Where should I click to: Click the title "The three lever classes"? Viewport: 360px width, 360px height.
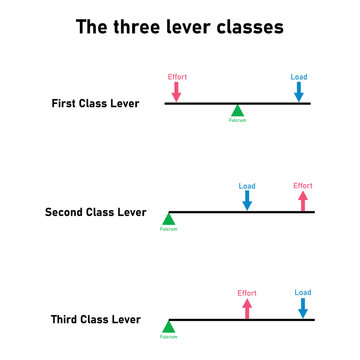(180, 26)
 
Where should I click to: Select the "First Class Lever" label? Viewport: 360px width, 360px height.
(96, 103)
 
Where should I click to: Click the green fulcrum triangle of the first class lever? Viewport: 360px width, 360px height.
(237, 110)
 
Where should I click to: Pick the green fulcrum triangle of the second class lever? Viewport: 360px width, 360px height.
(169, 219)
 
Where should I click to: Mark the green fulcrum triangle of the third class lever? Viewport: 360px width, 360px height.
(169, 327)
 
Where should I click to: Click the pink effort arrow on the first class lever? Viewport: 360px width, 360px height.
(177, 91)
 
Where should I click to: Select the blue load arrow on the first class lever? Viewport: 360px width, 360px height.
(299, 92)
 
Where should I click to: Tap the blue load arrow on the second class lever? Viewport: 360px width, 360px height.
(247, 200)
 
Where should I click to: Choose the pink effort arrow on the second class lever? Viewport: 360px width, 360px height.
(303, 200)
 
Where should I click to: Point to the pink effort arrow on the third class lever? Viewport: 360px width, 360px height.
(247, 308)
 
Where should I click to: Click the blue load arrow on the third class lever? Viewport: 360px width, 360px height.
(303, 308)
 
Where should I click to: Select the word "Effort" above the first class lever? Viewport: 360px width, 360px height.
(177, 76)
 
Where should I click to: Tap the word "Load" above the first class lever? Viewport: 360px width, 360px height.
(299, 77)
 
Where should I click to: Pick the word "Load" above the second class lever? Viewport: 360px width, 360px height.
(247, 185)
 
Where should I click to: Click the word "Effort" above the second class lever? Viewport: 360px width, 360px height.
(303, 185)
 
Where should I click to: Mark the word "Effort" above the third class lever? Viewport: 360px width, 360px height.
(247, 293)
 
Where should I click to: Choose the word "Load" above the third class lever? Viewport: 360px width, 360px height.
(303, 293)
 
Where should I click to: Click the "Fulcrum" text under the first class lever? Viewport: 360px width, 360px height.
(237, 121)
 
